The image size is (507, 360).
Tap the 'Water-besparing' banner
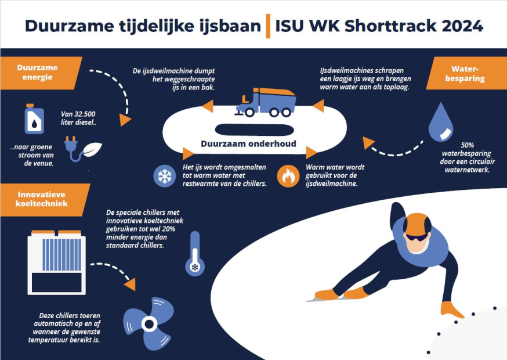[x=466, y=73]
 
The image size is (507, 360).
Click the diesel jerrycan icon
[x=34, y=119]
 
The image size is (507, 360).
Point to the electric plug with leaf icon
[x=83, y=148]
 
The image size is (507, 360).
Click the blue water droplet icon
[x=441, y=122]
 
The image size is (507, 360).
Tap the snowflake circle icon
[x=165, y=176]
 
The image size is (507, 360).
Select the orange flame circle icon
[x=288, y=176]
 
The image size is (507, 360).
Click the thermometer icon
[x=195, y=254]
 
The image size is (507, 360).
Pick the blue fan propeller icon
[x=149, y=323]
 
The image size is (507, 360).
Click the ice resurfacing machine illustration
[x=266, y=102]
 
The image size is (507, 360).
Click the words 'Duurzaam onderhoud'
[x=248, y=144]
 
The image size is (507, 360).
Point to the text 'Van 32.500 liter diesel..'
[x=78, y=118]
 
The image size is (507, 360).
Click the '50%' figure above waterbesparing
[x=467, y=145]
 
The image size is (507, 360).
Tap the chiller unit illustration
[x=57, y=262]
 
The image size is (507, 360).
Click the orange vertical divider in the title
[x=268, y=26]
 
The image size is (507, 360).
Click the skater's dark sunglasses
[x=417, y=237]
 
